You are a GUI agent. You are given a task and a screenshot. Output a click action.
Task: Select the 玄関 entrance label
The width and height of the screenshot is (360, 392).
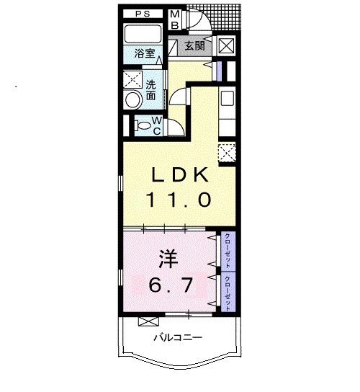(x=193, y=47)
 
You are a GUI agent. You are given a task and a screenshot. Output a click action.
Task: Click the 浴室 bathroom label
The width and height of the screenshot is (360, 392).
(x=144, y=53)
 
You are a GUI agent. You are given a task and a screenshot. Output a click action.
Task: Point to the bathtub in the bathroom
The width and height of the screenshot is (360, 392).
(x=143, y=35)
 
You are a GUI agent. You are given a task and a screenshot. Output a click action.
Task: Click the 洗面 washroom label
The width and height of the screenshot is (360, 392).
(x=151, y=89)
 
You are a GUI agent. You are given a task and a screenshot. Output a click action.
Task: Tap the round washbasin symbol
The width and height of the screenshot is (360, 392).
(x=132, y=100)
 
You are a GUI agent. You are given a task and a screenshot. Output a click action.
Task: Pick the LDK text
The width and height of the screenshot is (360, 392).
(x=179, y=175)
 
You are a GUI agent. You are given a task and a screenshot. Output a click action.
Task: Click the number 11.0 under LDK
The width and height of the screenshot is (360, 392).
(x=179, y=200)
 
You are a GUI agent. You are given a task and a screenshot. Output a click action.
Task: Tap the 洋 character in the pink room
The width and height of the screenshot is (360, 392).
(x=166, y=257)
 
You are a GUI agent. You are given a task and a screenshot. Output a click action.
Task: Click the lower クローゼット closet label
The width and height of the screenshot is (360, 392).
(x=228, y=292)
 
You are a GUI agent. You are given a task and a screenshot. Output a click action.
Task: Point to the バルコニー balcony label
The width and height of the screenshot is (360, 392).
(x=176, y=337)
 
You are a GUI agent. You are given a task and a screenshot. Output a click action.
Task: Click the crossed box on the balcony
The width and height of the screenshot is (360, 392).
(x=148, y=321)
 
